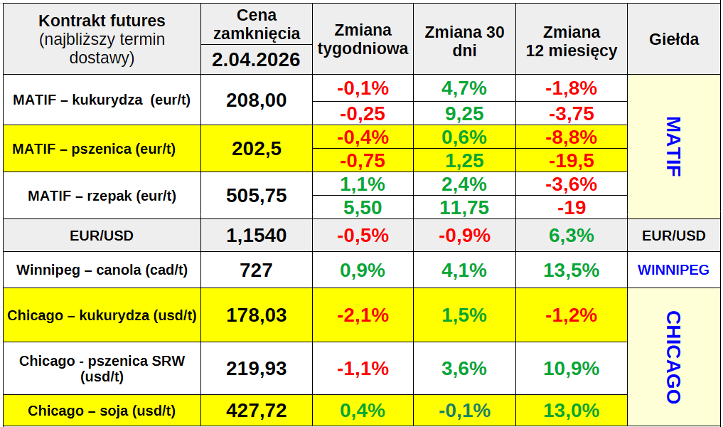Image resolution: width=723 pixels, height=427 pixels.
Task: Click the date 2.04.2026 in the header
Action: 257,60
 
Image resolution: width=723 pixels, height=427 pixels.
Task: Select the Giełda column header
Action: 673,39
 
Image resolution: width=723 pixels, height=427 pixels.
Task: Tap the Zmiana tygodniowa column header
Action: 363,39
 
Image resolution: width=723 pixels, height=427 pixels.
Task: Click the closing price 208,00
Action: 257,100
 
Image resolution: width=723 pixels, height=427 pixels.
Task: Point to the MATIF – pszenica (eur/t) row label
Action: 94,149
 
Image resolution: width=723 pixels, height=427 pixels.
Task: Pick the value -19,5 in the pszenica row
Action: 571,161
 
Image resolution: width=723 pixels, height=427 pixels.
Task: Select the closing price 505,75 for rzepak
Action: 257,196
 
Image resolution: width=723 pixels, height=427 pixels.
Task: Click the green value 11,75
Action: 464,208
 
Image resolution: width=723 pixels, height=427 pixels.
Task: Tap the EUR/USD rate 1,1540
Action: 257,236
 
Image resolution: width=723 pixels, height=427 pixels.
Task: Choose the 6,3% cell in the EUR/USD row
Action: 571,236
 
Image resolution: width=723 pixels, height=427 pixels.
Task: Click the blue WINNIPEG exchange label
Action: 673,270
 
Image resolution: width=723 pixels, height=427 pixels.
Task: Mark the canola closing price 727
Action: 257,270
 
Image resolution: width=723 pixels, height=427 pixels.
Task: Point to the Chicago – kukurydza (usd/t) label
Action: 102,315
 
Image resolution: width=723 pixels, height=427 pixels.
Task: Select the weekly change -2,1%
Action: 363,315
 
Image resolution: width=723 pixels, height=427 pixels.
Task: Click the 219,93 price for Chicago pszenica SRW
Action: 257,368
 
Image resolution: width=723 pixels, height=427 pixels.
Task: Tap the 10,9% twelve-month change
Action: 571,368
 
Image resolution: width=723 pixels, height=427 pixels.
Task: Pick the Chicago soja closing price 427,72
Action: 257,411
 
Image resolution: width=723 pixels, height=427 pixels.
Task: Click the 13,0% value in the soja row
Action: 571,411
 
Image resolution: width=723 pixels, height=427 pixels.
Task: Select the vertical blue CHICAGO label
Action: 673,357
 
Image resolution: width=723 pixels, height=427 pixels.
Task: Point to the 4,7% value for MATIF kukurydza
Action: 464,88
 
